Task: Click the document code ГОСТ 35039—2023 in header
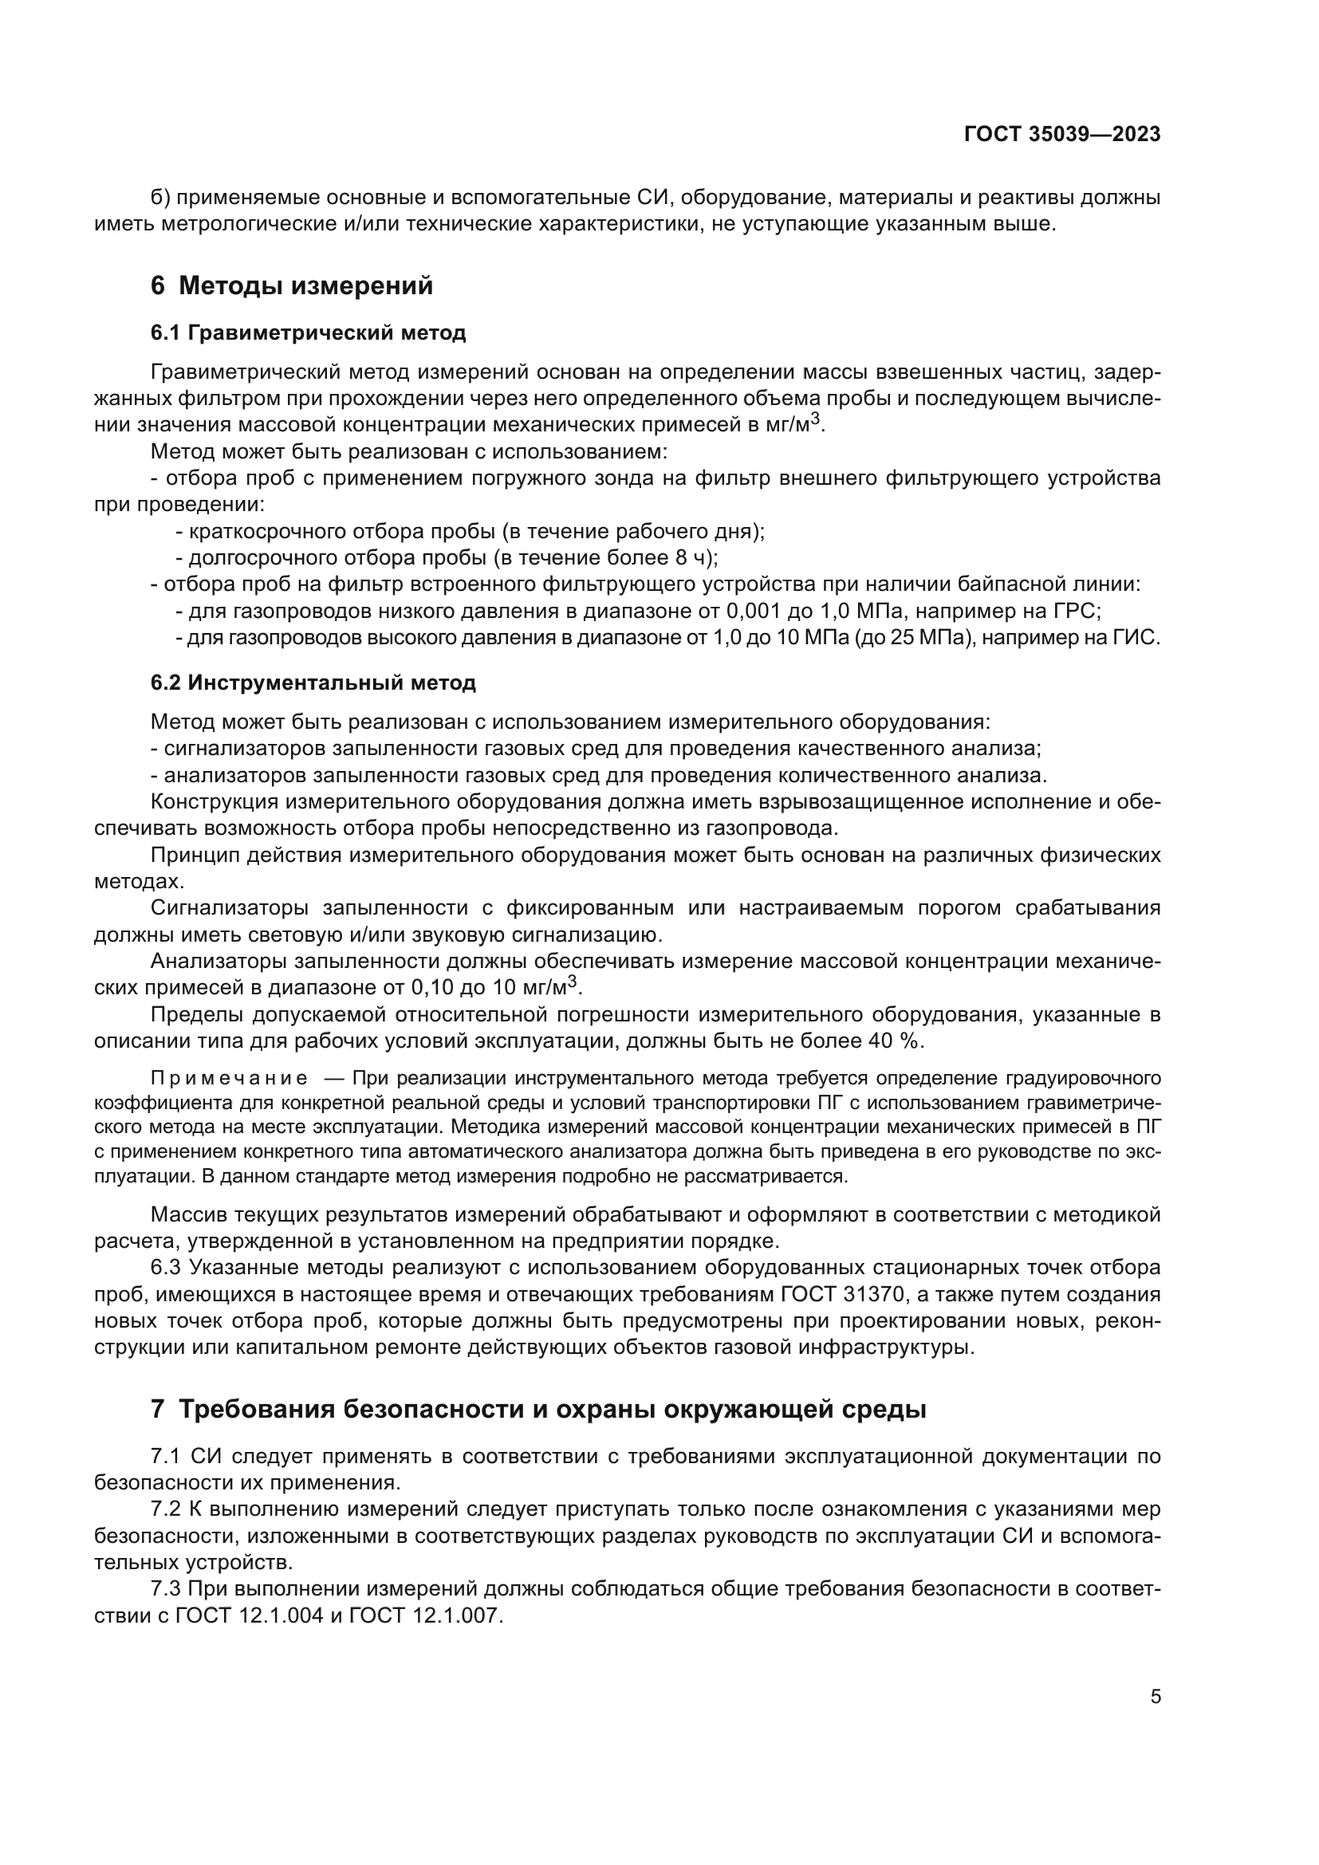click(x=1061, y=135)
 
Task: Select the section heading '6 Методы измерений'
click(x=292, y=286)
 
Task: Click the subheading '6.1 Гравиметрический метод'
click(x=308, y=332)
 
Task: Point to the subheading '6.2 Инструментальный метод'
click(x=313, y=683)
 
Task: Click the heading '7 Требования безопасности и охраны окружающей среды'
click(x=537, y=1409)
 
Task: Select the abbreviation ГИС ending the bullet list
click(x=1140, y=638)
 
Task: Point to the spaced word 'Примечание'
click(x=229, y=1079)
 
